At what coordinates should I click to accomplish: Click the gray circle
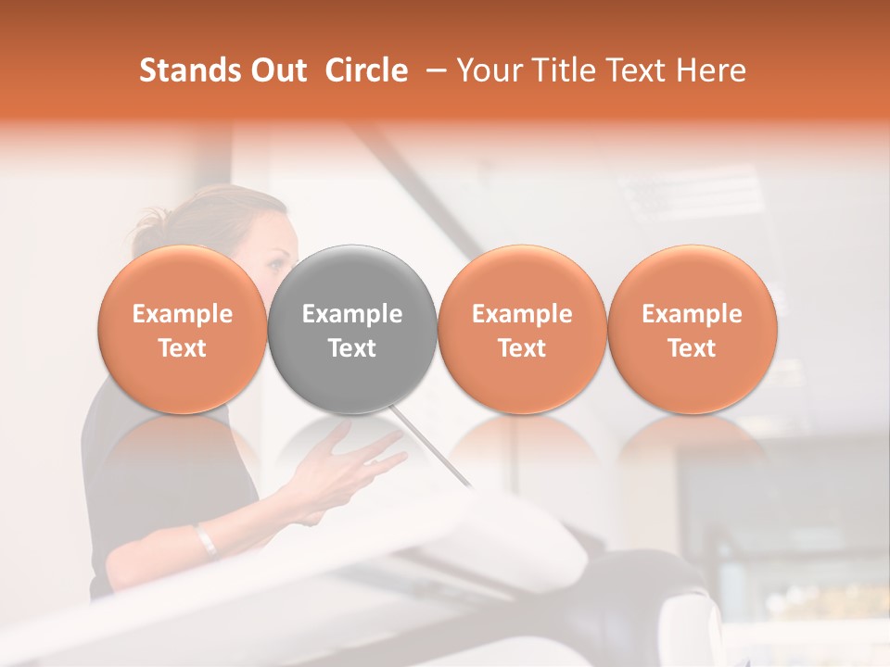coord(352,329)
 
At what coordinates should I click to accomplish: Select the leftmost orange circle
coord(183,329)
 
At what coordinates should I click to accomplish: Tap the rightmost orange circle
coord(692,329)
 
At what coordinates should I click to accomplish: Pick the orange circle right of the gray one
coord(522,329)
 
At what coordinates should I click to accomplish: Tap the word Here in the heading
coord(712,70)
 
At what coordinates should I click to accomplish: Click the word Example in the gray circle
coord(352,314)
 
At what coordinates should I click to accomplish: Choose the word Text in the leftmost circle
coord(183,348)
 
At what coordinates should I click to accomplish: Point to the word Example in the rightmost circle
coord(692,314)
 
